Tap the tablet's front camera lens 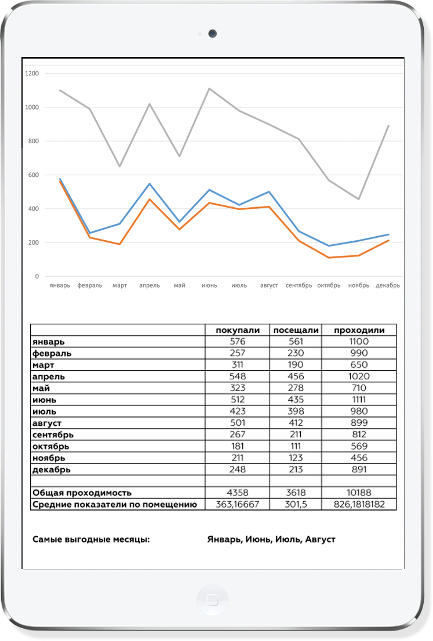(x=213, y=34)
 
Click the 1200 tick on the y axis (x=32, y=74)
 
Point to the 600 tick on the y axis (x=34, y=175)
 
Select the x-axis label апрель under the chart (x=150, y=285)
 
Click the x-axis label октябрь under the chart (x=329, y=285)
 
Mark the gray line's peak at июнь (x=209, y=89)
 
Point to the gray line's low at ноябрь (x=359, y=199)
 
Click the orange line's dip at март (x=120, y=244)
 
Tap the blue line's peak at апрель (x=150, y=184)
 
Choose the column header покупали (x=238, y=330)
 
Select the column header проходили (x=359, y=330)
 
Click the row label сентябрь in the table (x=53, y=434)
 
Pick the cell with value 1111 (x=359, y=400)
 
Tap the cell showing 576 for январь (x=238, y=342)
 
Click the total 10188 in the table (x=359, y=492)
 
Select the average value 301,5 (x=296, y=505)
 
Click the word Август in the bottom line (x=320, y=539)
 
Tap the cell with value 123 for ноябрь (x=296, y=458)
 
